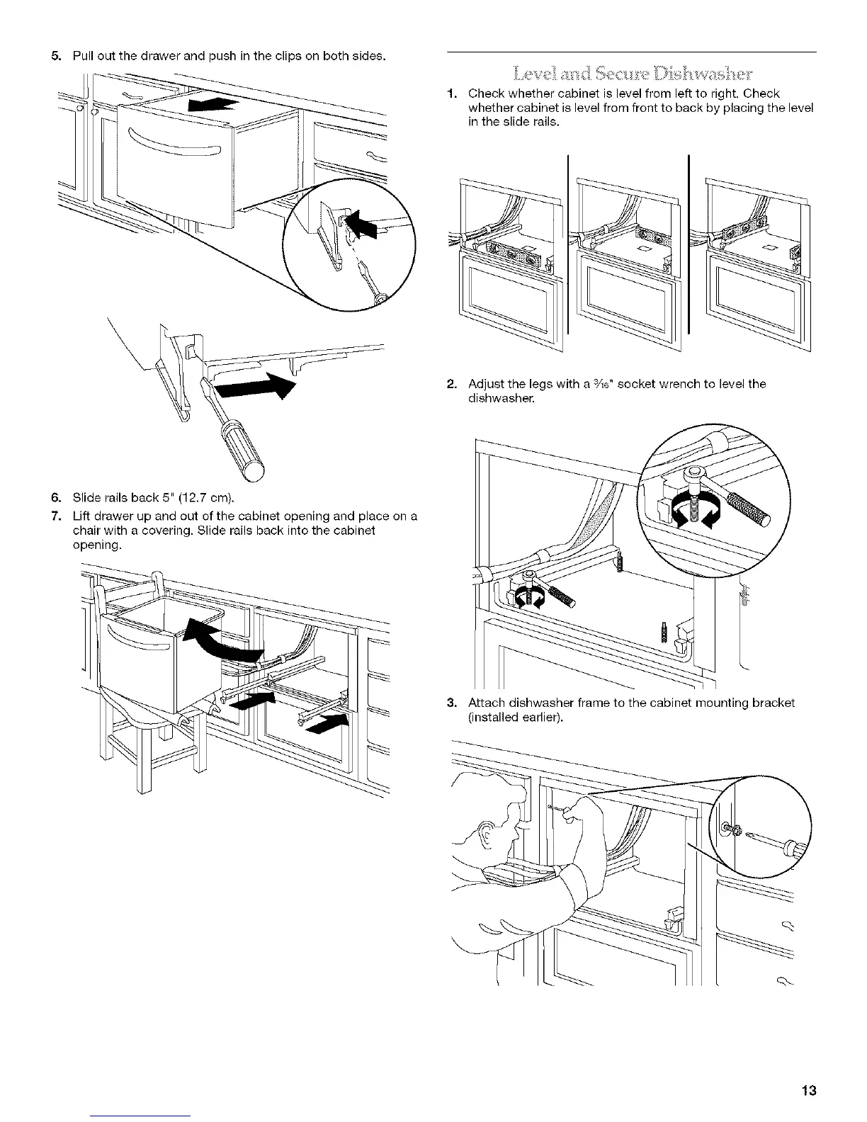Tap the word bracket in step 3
pyautogui.click(x=771, y=703)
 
